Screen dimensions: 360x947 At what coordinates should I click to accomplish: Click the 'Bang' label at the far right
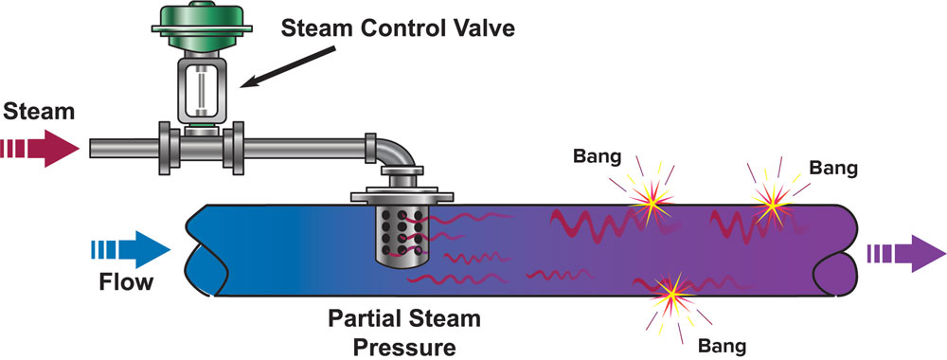tap(834, 168)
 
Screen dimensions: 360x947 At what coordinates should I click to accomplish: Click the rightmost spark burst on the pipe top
tap(772, 203)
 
